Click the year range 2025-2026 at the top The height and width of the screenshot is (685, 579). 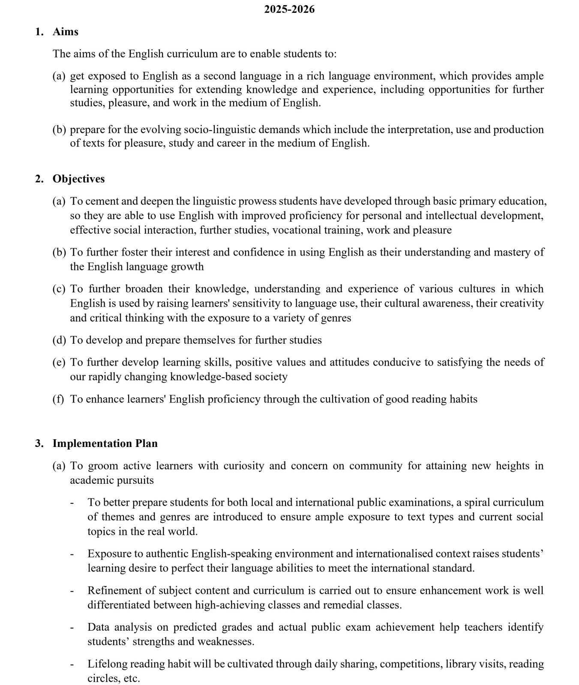click(x=289, y=9)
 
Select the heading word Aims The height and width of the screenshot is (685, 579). click(x=66, y=32)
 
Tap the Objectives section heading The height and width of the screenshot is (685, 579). click(x=78, y=179)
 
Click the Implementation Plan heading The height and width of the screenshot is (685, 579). click(x=105, y=444)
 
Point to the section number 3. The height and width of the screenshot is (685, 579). click(x=39, y=444)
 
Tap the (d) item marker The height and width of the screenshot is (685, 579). click(x=59, y=340)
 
